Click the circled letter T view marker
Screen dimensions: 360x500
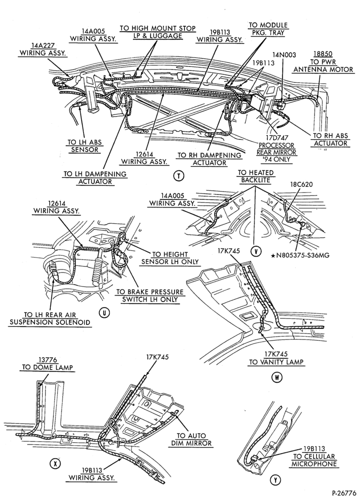(179, 175)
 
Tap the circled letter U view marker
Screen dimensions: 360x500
(104, 313)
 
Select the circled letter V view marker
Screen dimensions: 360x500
(255, 251)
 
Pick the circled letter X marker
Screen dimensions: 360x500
(55, 463)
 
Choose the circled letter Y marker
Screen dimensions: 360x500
(273, 479)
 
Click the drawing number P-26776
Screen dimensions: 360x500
(344, 493)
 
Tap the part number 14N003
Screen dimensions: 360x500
(284, 54)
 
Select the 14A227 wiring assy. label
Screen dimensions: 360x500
(42, 49)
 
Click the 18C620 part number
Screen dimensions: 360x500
(301, 184)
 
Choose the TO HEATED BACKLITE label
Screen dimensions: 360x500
(255, 176)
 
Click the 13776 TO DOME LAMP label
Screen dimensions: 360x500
(47, 363)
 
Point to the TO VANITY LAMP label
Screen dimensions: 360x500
(276, 358)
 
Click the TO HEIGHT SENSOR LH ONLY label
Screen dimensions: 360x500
(169, 258)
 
